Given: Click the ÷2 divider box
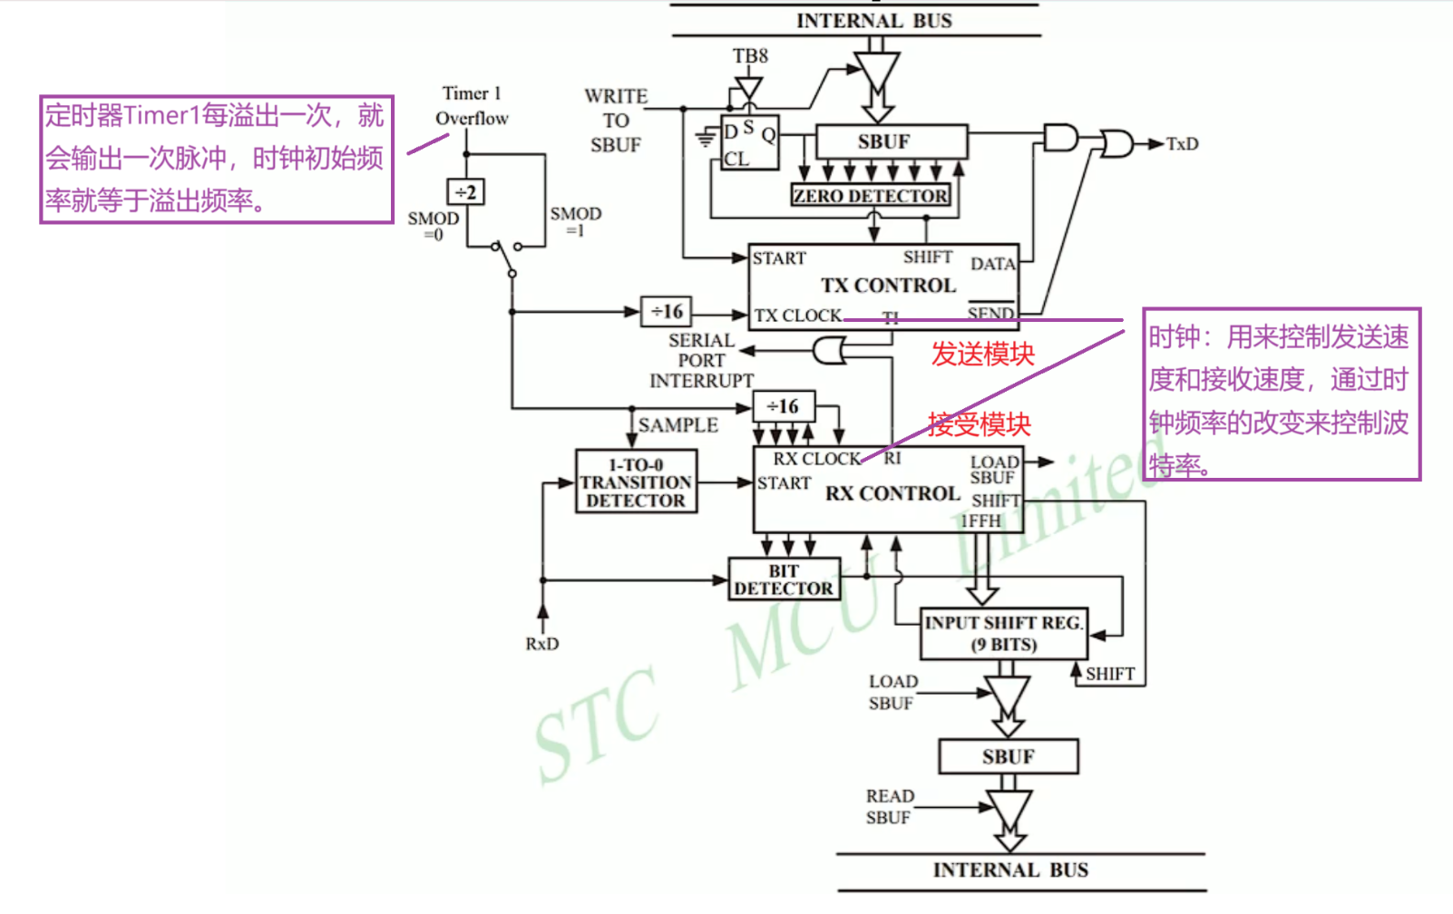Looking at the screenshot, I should pyautogui.click(x=466, y=192).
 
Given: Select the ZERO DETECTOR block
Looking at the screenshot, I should pyautogui.click(x=871, y=196).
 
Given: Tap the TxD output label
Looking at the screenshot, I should pyautogui.click(x=1182, y=144).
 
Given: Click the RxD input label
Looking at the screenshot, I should pyautogui.click(x=541, y=644).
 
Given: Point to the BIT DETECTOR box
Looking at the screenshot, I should pyautogui.click(x=784, y=579).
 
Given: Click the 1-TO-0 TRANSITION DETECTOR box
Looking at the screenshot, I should pyautogui.click(x=636, y=482).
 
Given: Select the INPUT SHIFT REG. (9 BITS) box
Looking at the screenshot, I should pyautogui.click(x=1003, y=633).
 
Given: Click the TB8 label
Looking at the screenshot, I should pyautogui.click(x=750, y=56).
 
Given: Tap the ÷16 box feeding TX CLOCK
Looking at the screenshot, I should pyautogui.click(x=667, y=312).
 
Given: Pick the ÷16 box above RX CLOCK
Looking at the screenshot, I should pyautogui.click(x=783, y=406).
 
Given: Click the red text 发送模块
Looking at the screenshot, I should pyautogui.click(x=982, y=354).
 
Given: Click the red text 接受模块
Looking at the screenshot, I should pyautogui.click(x=979, y=424).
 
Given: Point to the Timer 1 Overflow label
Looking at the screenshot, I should pyautogui.click(x=472, y=105).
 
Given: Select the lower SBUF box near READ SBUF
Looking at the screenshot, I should pyautogui.click(x=1008, y=756).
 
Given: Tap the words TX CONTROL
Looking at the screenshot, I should pyautogui.click(x=888, y=286).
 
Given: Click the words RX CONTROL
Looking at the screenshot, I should pyautogui.click(x=892, y=494).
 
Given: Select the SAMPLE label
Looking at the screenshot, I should pyautogui.click(x=678, y=425).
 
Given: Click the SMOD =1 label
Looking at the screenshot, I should pyautogui.click(x=575, y=220).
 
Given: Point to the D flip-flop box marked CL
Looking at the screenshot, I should pyautogui.click(x=749, y=142).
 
